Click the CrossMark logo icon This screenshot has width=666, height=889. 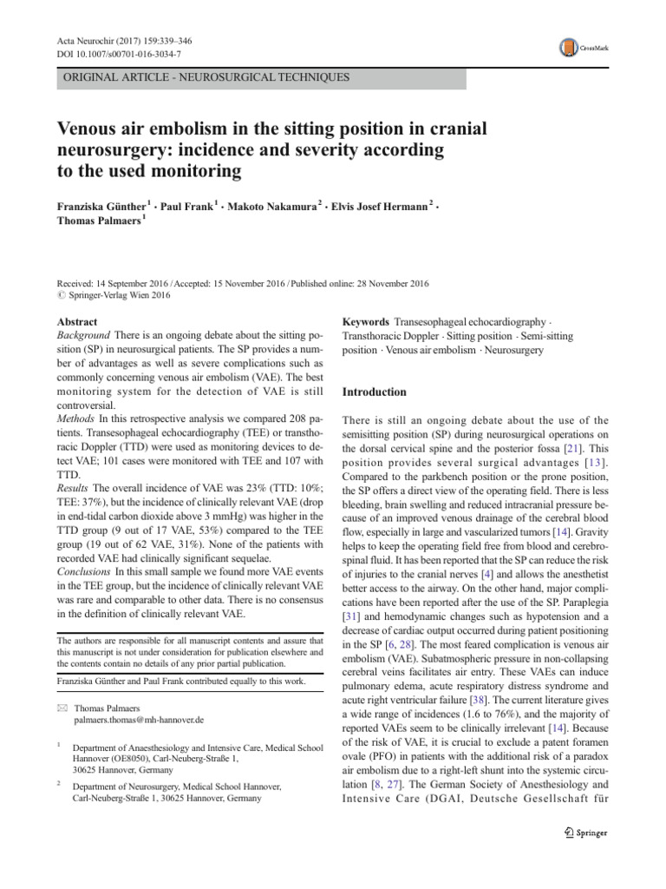pos(569,47)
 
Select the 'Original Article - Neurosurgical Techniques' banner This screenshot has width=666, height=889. pos(205,77)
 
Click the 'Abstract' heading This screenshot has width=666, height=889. pos(77,321)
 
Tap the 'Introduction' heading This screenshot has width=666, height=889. pos(375,392)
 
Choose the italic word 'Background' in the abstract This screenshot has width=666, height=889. pos(83,335)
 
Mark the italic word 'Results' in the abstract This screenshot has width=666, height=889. pos(74,489)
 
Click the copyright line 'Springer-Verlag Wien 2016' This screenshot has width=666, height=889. pos(121,293)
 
